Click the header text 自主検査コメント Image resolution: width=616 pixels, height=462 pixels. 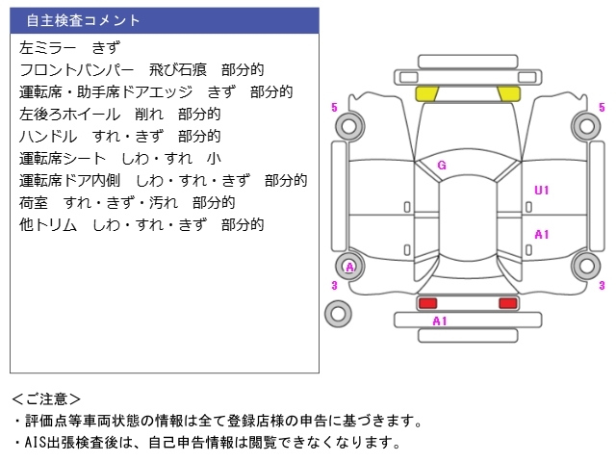(83, 20)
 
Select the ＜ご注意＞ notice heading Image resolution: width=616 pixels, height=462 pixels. (46, 398)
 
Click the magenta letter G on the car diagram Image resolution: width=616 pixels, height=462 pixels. (442, 165)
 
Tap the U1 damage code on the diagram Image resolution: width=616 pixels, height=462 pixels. (541, 191)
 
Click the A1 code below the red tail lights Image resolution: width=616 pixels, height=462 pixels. (440, 321)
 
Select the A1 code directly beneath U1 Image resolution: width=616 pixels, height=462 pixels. (541, 234)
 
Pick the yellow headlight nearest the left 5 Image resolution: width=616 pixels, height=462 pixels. (426, 93)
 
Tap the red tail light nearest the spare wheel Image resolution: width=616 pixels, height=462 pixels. (426, 303)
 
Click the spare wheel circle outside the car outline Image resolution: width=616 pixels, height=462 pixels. (338, 313)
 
